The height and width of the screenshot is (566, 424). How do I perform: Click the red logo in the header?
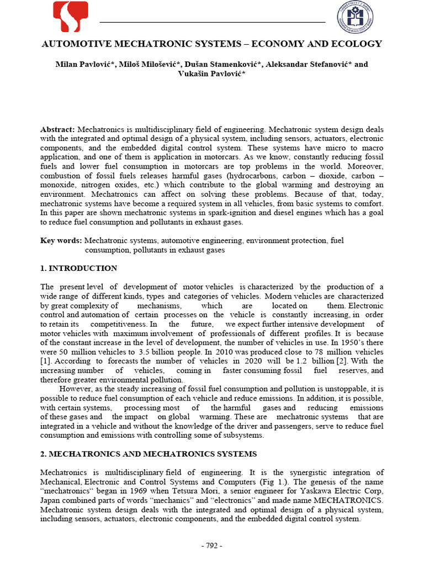click(x=70, y=17)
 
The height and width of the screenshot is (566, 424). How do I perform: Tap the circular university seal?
click(x=356, y=17)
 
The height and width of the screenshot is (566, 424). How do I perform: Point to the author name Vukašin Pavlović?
click(x=208, y=74)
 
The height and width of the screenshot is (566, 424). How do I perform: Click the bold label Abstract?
click(x=58, y=129)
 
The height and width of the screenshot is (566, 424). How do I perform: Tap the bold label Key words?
click(x=61, y=240)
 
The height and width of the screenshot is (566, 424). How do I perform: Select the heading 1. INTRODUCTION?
click(x=78, y=268)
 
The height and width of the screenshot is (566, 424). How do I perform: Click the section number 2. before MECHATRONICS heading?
click(x=44, y=454)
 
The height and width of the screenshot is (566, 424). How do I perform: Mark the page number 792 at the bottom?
click(x=212, y=546)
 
